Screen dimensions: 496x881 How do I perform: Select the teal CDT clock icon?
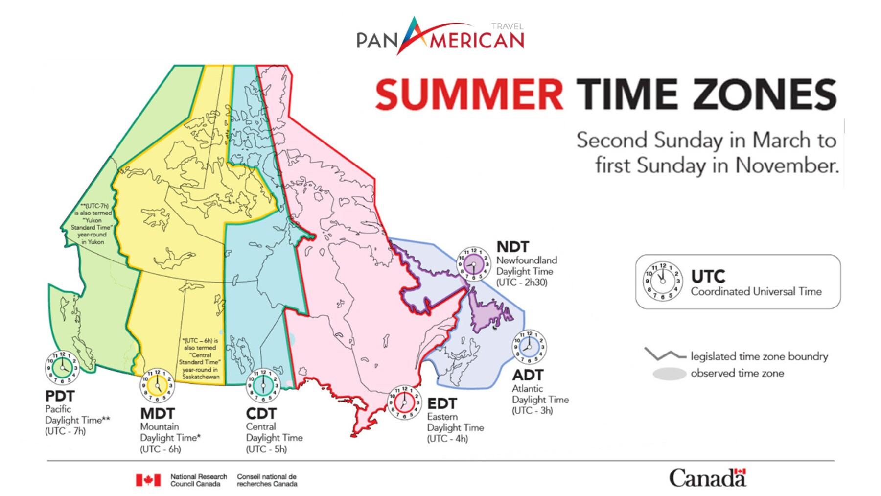point(263,385)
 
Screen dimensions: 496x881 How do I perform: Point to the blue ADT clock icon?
point(529,347)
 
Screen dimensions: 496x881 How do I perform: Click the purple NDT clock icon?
point(473,264)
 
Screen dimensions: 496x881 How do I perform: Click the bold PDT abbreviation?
point(60,396)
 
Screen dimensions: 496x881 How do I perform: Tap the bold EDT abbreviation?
point(442,404)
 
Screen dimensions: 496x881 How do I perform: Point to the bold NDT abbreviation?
point(513,247)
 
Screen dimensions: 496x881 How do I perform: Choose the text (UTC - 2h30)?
point(521,283)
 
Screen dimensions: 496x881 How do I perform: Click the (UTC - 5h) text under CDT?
point(266,449)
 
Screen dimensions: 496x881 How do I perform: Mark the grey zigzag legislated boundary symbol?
point(662,354)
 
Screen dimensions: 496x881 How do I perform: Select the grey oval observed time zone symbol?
point(669,374)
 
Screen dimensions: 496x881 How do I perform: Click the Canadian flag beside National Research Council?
point(148,480)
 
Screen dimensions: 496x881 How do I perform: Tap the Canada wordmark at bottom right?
point(707,478)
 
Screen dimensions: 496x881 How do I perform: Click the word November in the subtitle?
point(786,166)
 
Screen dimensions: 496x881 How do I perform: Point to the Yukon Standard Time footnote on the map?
point(92,224)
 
